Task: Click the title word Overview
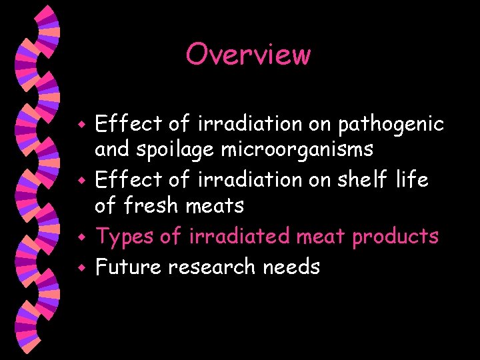coord(248,54)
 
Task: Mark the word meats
coord(215,206)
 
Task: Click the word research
coord(212,267)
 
